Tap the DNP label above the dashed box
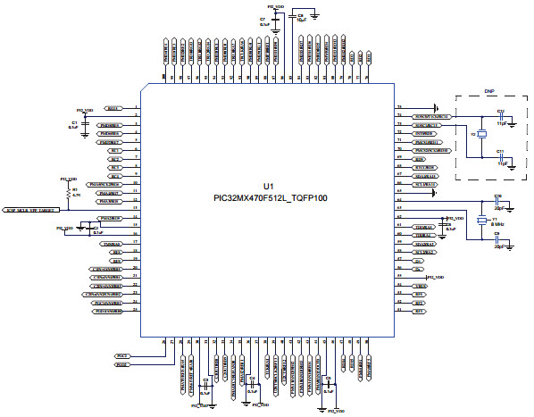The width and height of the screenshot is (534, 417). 488,91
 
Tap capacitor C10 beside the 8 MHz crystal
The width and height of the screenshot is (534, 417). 497,200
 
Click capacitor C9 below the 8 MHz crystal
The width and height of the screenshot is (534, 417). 497,239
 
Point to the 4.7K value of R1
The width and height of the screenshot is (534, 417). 77,194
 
